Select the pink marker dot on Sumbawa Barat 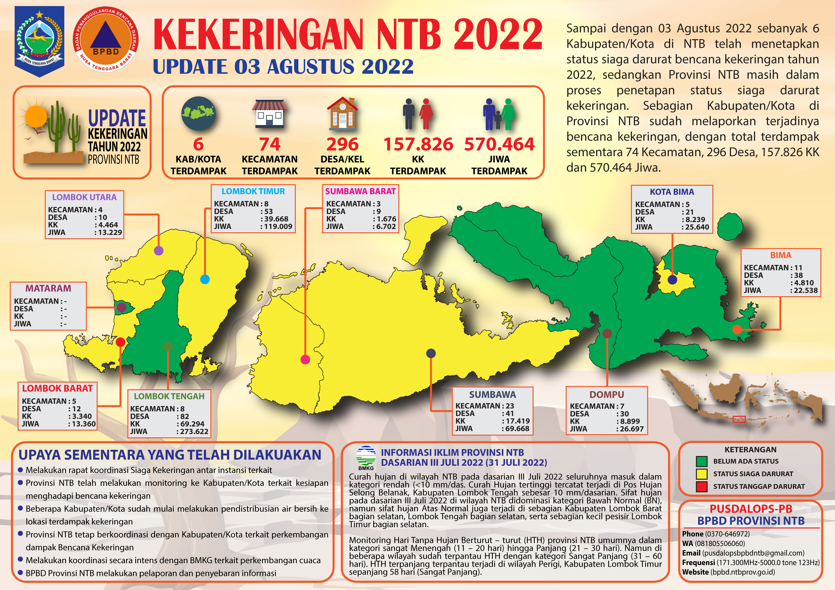click(305, 359)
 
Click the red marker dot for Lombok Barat click(120, 342)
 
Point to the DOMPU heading click(607, 395)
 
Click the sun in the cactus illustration click(36, 116)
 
